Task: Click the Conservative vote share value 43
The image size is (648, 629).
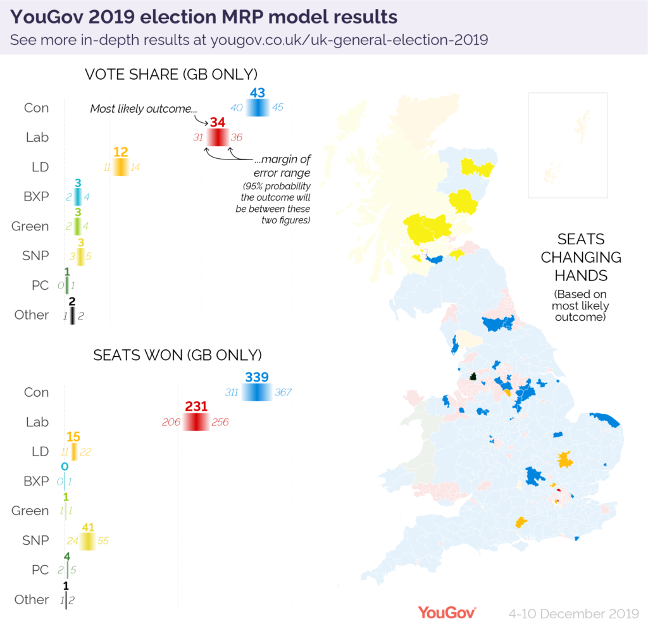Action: pos(258,92)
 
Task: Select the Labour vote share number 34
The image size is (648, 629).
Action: pos(218,122)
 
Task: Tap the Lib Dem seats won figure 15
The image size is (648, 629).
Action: pos(74,437)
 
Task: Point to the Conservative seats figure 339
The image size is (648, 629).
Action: pos(257,377)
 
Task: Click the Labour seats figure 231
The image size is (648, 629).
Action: pos(197,407)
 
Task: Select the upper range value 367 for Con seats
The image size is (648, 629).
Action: pos(283,392)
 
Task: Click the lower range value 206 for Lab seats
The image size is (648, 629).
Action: pos(171,422)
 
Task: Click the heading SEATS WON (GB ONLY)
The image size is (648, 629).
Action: pos(177,355)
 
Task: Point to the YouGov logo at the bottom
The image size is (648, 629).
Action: pos(447,612)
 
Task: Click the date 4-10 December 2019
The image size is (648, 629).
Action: pos(574,613)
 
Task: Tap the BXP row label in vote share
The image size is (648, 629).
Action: pos(35,196)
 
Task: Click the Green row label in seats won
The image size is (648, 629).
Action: pos(30,511)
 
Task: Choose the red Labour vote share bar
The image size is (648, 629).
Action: pos(218,137)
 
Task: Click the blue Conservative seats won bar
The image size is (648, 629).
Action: pos(257,393)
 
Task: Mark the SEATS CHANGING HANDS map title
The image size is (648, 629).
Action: pos(581,258)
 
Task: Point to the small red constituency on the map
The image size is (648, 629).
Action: pos(558,490)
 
